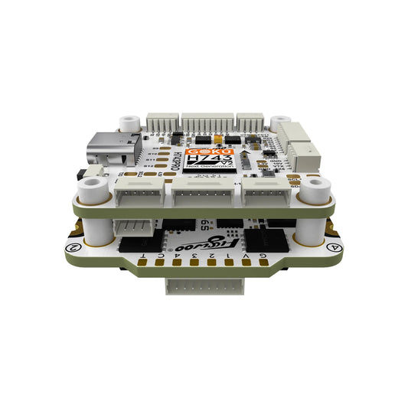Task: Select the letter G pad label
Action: point(264,256)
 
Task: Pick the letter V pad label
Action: point(251,256)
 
